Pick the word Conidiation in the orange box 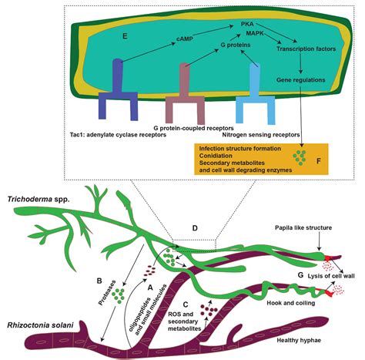tap(216, 155)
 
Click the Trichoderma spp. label tap(38, 197)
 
